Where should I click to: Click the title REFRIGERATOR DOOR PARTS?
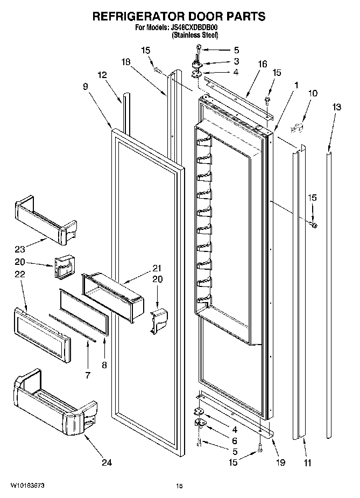click(179, 16)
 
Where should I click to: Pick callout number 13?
click(336, 108)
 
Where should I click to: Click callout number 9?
click(86, 86)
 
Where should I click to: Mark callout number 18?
click(125, 62)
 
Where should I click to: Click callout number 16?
click(262, 64)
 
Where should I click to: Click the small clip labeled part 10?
click(297, 127)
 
